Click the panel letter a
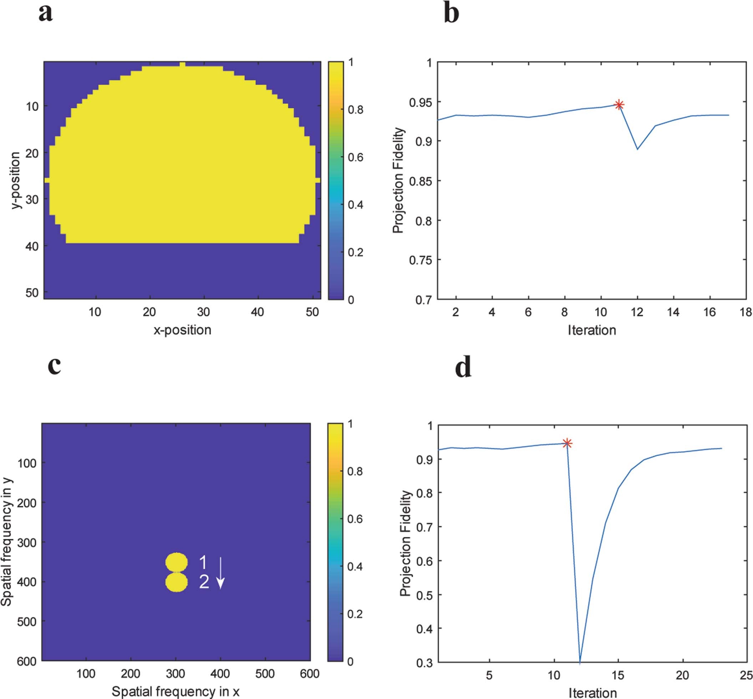coord(45,14)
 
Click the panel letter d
coord(463,368)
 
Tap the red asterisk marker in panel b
coord(619,105)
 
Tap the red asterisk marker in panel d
coord(567,443)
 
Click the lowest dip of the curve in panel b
coord(637,149)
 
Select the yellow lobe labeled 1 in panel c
coord(176,562)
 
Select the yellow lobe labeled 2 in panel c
coord(176,582)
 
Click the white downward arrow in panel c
coord(220,573)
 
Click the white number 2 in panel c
coord(204,582)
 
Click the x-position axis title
coord(182,330)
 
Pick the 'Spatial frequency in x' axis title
coord(175,691)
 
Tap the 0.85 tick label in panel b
coord(420,181)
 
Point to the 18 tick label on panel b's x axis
coord(746,312)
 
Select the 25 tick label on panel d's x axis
coord(746,675)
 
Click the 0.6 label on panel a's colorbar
coord(356,157)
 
